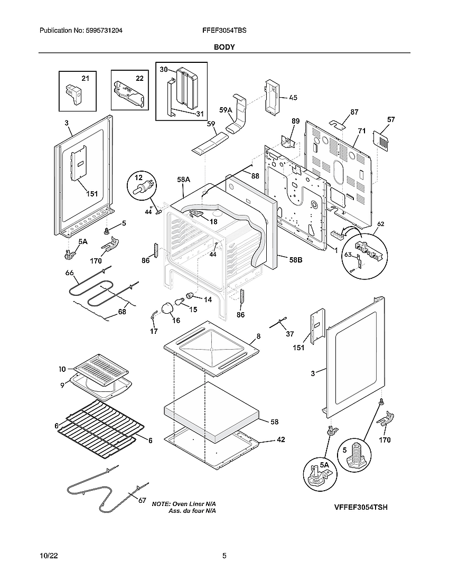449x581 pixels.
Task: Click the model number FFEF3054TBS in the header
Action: pyautogui.click(x=224, y=31)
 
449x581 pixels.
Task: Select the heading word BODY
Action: pyautogui.click(x=224, y=47)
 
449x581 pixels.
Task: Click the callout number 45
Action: pyautogui.click(x=293, y=97)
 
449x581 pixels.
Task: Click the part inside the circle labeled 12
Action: pyautogui.click(x=143, y=187)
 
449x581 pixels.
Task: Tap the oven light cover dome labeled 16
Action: pyautogui.click(x=168, y=308)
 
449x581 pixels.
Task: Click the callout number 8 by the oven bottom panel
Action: pyautogui.click(x=258, y=336)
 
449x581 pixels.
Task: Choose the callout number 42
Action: pyautogui.click(x=280, y=439)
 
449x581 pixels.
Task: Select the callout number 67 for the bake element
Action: pyautogui.click(x=142, y=501)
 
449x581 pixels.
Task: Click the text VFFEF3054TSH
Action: pyautogui.click(x=361, y=507)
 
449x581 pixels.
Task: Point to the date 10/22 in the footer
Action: pyautogui.click(x=48, y=556)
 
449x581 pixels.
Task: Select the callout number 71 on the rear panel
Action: pyautogui.click(x=362, y=129)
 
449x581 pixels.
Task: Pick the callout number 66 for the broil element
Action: pyautogui.click(x=69, y=273)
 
